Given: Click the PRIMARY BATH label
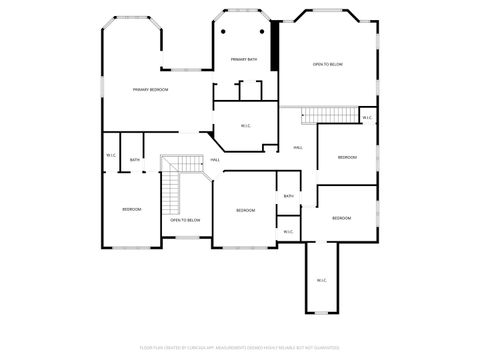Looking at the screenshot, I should point(245,60).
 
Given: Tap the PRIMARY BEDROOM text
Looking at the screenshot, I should point(150,90).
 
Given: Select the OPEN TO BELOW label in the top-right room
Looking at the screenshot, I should point(328,64).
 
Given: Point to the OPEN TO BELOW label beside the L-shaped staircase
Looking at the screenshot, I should point(185,219).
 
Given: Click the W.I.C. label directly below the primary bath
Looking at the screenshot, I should point(245,125).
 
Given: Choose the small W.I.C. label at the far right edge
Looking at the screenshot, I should point(367,118).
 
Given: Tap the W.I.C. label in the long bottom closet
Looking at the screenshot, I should point(322,280).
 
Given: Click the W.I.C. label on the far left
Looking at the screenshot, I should point(111,155).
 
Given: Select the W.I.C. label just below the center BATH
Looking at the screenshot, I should point(288,232).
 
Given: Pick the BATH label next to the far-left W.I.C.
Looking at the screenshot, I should point(134,160).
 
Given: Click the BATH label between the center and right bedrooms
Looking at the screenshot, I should point(288,196).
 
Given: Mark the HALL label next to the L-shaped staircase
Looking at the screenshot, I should point(215,160).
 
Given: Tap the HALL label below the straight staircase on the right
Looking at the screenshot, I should point(298,148).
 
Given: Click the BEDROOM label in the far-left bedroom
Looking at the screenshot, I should point(132,209).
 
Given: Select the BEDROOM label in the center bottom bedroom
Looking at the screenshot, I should point(246,210).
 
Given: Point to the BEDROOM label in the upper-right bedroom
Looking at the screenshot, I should point(346,157).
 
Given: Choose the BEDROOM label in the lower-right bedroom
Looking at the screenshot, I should point(342,218).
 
